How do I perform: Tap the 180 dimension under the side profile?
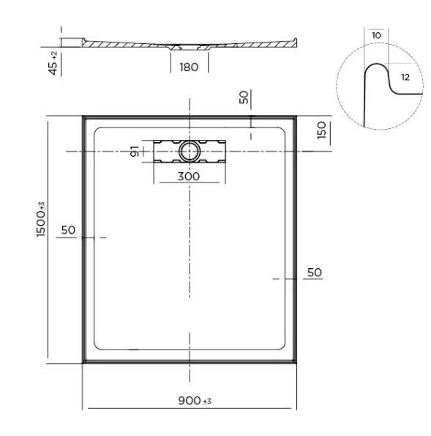click(x=190, y=67)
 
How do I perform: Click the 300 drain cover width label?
click(x=190, y=176)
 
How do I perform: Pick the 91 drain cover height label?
click(x=134, y=152)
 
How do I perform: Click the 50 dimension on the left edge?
click(x=68, y=230)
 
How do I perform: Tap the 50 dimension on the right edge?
click(x=313, y=272)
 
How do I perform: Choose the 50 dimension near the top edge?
click(x=244, y=97)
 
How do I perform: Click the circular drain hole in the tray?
click(x=190, y=151)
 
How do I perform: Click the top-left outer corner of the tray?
click(x=82, y=114)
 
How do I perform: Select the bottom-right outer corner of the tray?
click(x=297, y=363)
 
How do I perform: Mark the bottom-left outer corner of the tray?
click(x=82, y=363)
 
